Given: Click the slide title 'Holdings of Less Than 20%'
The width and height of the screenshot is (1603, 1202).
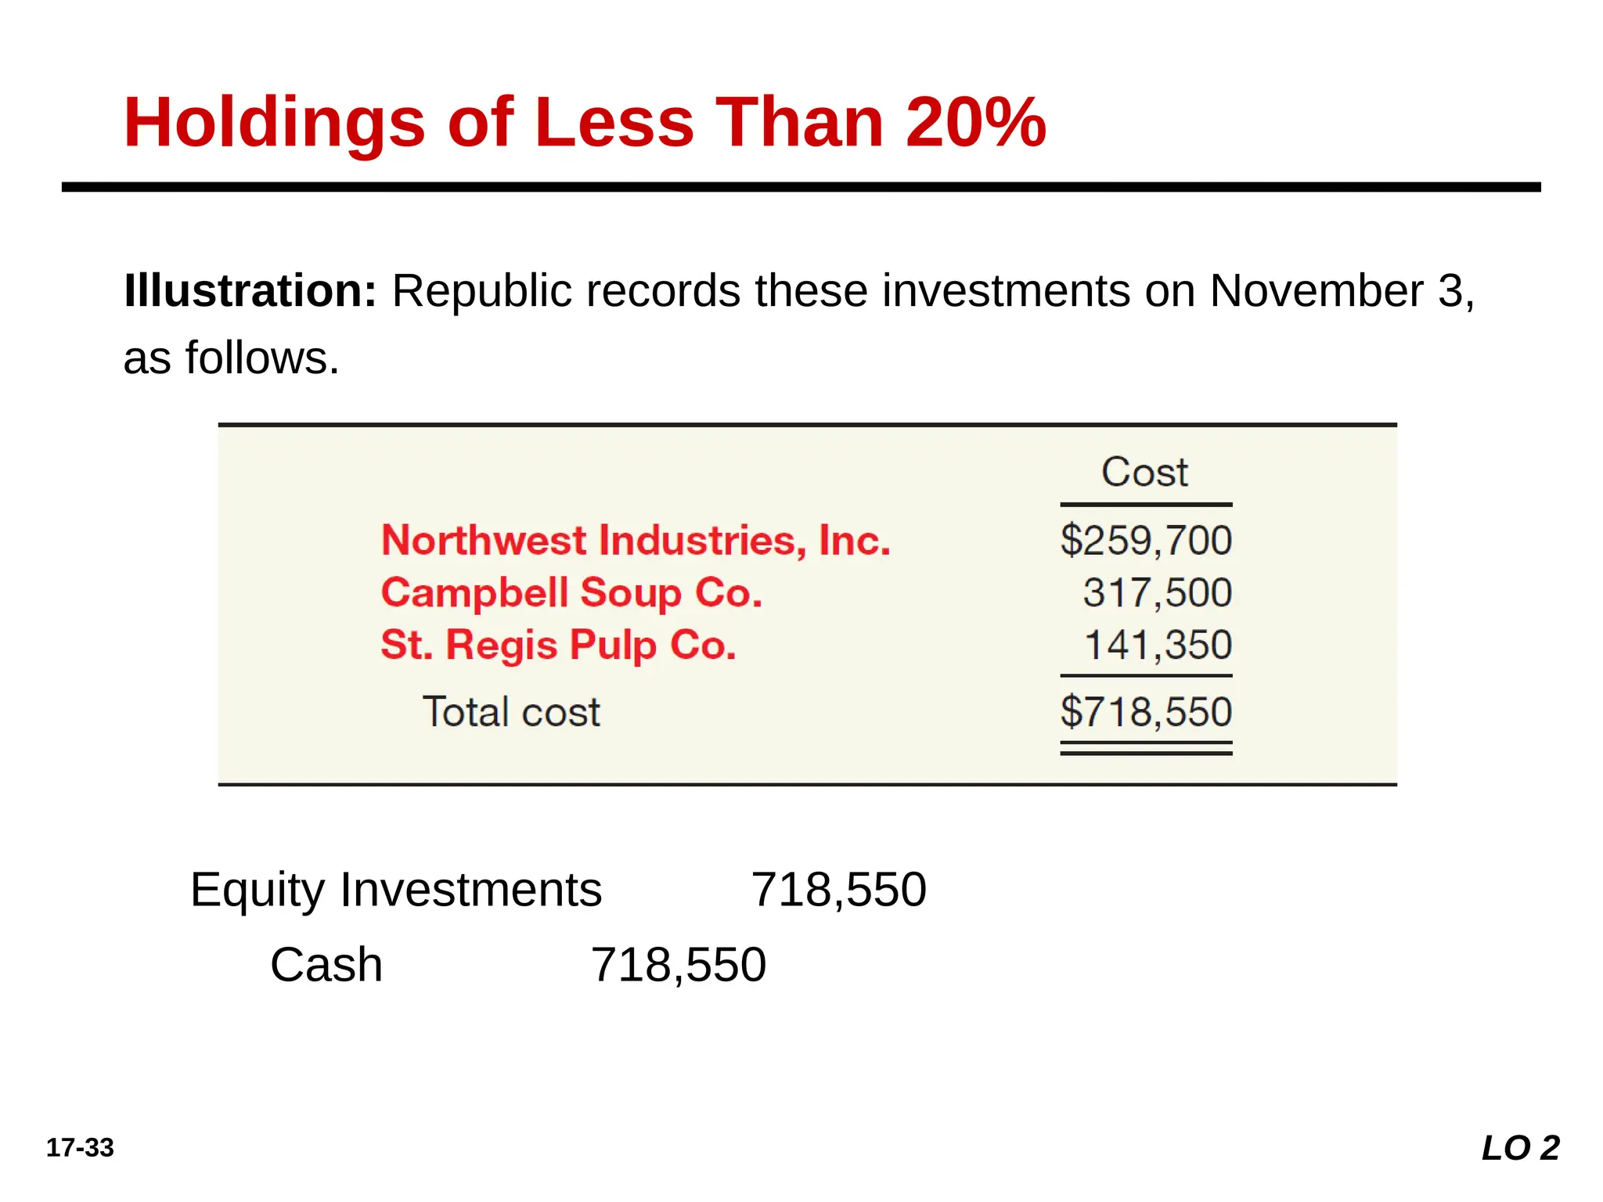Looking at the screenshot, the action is (585, 122).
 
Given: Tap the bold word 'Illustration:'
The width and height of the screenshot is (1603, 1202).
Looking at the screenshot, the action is (250, 291).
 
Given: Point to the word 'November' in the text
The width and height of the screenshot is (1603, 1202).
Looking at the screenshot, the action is (1317, 291).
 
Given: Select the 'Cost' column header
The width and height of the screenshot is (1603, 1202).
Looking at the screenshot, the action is (1144, 472).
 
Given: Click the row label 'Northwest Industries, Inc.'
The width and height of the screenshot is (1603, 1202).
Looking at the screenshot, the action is (636, 541).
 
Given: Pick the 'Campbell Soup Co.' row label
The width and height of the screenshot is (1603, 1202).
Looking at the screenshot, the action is (571, 593).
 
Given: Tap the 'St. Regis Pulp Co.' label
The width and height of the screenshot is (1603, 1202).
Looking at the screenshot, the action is (558, 646).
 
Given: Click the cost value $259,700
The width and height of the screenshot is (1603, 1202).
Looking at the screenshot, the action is (1146, 541).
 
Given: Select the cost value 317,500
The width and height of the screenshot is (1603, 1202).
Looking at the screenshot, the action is (1158, 593).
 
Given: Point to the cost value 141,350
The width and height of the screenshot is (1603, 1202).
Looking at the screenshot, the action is (1158, 646).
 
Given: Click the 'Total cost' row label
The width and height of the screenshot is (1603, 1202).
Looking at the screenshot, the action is (511, 712).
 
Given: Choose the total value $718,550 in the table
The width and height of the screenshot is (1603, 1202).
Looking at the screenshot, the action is (1146, 712).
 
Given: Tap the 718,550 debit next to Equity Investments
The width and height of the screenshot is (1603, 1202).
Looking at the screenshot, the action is (839, 891).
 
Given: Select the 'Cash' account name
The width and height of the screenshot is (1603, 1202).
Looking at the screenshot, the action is (326, 965).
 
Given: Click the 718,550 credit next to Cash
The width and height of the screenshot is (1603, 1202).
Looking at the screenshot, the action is (679, 966).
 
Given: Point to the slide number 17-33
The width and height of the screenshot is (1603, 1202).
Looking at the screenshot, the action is (80, 1148).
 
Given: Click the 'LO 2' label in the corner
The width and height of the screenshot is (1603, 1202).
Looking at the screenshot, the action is (1521, 1148).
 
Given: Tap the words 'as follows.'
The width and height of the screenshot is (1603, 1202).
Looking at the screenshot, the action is (232, 358).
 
